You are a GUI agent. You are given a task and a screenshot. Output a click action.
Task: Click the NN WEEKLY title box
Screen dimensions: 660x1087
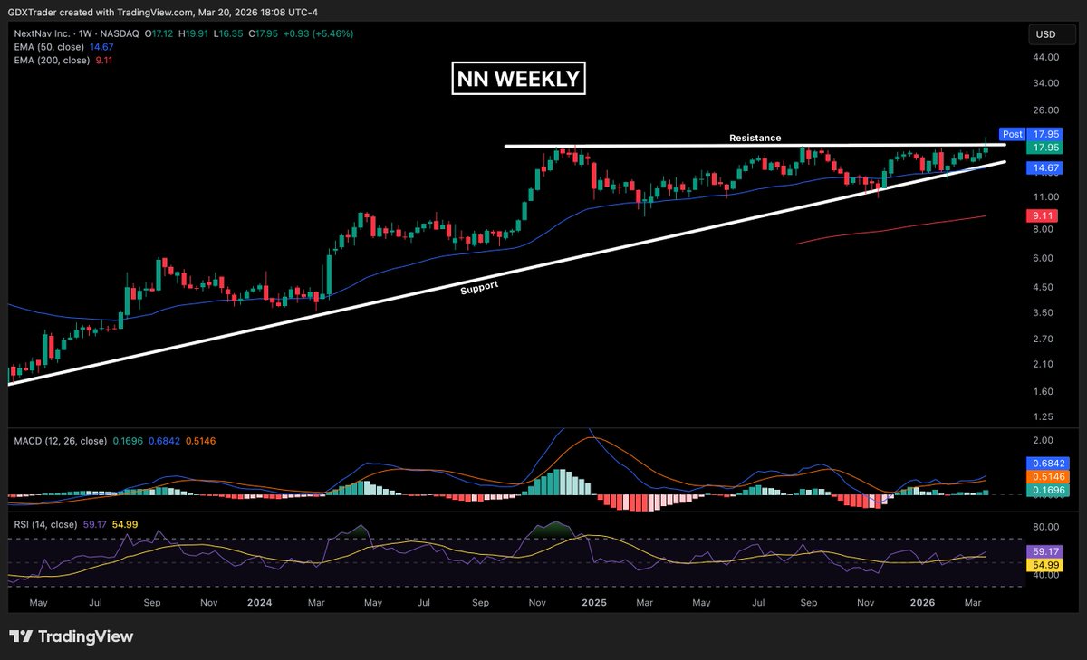[518, 79]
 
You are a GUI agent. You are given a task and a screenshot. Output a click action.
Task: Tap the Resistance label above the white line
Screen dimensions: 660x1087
[755, 138]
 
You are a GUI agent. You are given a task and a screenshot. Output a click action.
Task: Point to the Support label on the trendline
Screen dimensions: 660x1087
[479, 286]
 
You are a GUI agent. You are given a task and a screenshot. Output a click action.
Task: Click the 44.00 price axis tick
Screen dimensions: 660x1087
[1046, 57]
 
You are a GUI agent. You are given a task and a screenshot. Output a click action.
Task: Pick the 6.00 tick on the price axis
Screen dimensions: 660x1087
[1044, 258]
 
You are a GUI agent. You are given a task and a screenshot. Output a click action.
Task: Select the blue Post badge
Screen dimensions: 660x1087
[1012, 133]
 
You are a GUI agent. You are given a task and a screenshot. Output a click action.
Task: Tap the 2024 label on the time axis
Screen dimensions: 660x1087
[259, 601]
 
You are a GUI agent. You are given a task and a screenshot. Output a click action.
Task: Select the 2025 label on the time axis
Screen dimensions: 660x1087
[593, 601]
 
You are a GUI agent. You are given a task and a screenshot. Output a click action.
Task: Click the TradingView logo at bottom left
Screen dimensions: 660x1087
[71, 636]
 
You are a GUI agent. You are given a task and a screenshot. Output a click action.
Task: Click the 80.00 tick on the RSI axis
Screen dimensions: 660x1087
[1046, 527]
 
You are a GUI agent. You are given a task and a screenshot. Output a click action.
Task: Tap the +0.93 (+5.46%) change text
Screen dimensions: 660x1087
[317, 33]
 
